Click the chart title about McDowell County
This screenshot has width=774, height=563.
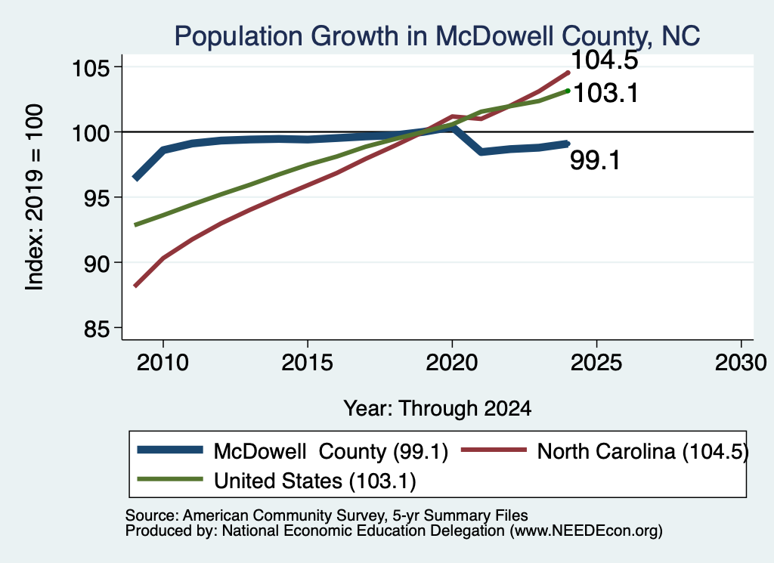tap(437, 36)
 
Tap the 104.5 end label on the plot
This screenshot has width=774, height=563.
tap(604, 60)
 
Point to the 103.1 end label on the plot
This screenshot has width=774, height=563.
tap(605, 93)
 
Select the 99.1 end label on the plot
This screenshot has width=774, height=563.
tap(595, 160)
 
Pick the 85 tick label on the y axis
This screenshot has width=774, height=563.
tap(96, 329)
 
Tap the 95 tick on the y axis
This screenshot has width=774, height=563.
tap(96, 198)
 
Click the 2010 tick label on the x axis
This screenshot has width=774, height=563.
tap(163, 363)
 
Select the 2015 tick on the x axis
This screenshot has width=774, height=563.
tap(307, 363)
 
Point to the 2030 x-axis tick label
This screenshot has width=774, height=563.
tap(741, 363)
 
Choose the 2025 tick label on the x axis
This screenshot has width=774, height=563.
tap(596, 363)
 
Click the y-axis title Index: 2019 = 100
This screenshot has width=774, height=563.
tap(34, 197)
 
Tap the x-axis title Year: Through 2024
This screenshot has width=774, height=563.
tap(438, 409)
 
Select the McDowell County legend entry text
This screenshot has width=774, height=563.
tap(331, 451)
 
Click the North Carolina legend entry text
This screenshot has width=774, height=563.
tap(642, 451)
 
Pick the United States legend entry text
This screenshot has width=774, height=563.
tap(315, 481)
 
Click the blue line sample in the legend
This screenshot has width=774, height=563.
tap(170, 450)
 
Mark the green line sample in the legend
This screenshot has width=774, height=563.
tap(170, 478)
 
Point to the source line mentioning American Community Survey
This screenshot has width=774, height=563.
tap(327, 515)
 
